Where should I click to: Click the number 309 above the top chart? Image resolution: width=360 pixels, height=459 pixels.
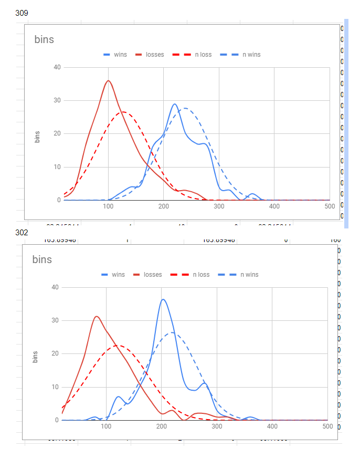[22, 13]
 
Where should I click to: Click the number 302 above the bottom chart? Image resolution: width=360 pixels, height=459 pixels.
[22, 232]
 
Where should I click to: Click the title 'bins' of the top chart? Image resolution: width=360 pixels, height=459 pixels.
[44, 39]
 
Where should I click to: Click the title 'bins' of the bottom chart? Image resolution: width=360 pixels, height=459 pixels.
[42, 259]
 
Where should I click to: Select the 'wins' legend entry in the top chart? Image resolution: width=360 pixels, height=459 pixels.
[115, 55]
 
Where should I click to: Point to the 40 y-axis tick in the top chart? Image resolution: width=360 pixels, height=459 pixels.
[57, 67]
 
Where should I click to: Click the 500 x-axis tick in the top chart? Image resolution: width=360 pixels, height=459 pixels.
[330, 206]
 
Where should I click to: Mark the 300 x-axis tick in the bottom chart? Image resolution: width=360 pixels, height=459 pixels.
[217, 426]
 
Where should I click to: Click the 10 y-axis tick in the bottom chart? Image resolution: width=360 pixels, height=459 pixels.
[55, 387]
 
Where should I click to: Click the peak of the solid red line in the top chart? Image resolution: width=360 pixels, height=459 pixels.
[108, 80]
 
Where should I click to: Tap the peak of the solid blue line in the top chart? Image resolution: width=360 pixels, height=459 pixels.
[175, 104]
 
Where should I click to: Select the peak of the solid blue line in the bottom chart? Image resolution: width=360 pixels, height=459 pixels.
[163, 299]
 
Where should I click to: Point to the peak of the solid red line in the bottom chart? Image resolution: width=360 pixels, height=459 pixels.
[97, 316]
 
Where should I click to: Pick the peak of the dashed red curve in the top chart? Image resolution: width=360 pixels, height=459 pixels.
[123, 112]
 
